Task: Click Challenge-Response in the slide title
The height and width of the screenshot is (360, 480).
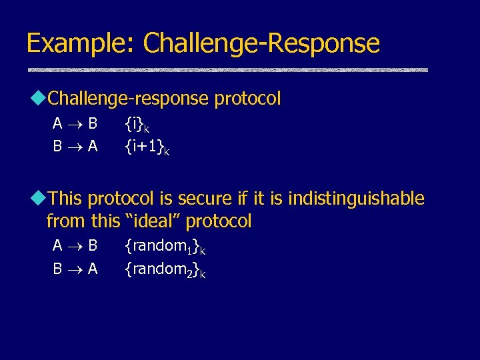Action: point(261,43)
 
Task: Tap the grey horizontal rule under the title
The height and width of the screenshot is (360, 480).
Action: point(227,70)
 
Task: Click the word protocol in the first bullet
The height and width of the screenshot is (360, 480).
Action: point(247,99)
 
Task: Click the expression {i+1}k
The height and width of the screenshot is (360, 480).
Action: point(147,146)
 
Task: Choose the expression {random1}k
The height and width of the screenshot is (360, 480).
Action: point(165,247)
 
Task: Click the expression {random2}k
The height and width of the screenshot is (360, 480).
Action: point(165,269)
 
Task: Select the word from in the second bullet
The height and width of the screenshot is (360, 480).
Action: point(66,221)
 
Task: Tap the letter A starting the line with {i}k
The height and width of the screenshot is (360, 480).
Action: point(58,124)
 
